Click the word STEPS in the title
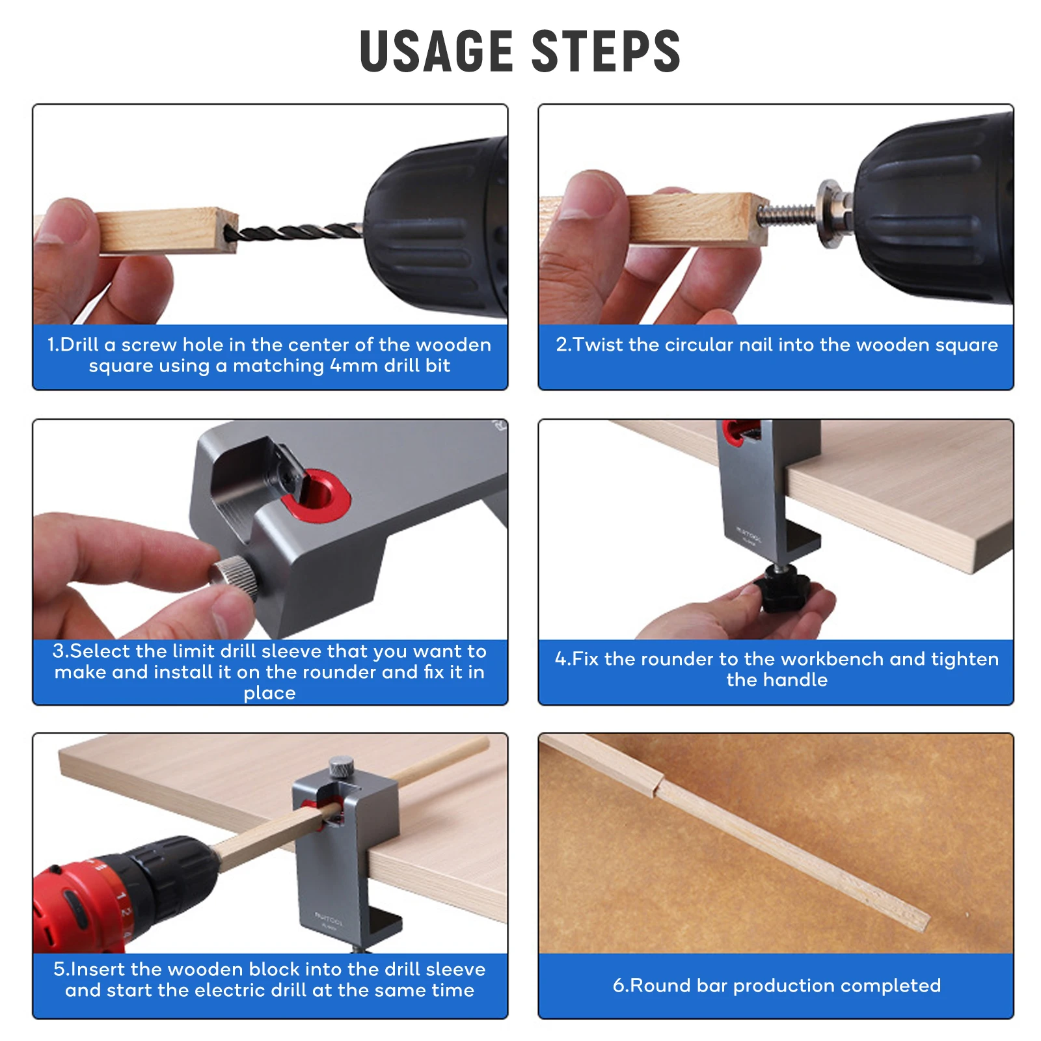pyautogui.click(x=606, y=51)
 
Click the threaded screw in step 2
pyautogui.click(x=786, y=213)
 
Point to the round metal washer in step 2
pyautogui.click(x=829, y=213)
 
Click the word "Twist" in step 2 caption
pyautogui.click(x=598, y=344)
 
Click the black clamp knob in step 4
pyautogui.click(x=783, y=588)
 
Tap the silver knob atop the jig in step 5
pyautogui.click(x=341, y=767)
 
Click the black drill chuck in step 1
pyautogui.click(x=436, y=228)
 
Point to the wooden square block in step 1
pyautogui.click(x=166, y=230)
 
